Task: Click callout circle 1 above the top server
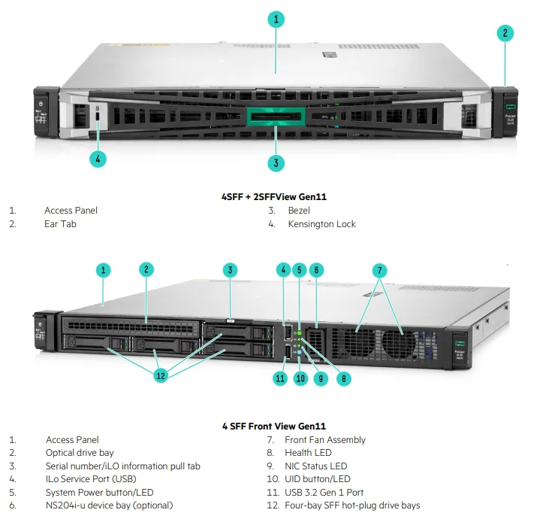(276, 20)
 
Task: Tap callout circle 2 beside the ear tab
(505, 33)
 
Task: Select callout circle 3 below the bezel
(276, 162)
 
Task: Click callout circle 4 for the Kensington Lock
(97, 159)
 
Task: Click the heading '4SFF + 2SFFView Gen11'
(274, 197)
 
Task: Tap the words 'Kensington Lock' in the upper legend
(321, 224)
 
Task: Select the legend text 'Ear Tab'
(60, 224)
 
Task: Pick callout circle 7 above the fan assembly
(380, 269)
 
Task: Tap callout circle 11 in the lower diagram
(280, 378)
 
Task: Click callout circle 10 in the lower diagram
(300, 378)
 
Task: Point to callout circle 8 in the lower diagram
(343, 378)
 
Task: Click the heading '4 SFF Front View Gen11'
(274, 426)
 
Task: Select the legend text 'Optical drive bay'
(80, 453)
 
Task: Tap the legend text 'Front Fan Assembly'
(325, 440)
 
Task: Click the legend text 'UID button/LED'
(318, 479)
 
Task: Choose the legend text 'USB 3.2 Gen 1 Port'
(324, 493)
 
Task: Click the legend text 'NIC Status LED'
(316, 466)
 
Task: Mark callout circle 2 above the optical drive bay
(147, 269)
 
